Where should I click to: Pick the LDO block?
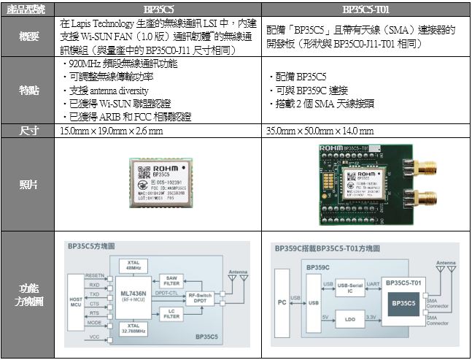pyautogui.click(x=350, y=318)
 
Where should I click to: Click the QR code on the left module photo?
pyautogui.click(x=138, y=175)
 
